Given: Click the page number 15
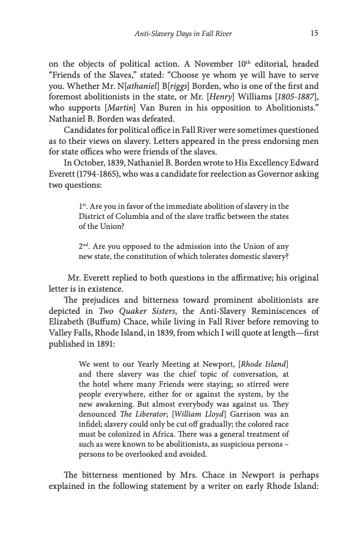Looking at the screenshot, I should tap(314, 33).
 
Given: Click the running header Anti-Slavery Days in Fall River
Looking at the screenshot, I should tap(183, 34).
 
